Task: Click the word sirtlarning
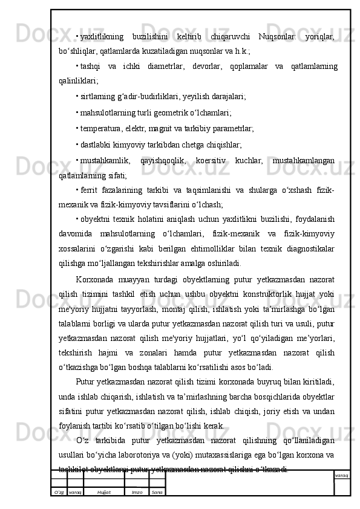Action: (96, 96)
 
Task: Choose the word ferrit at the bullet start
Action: (88, 192)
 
